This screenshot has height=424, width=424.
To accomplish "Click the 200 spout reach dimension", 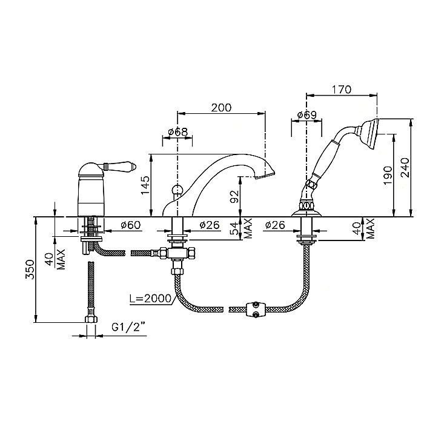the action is (x=221, y=107).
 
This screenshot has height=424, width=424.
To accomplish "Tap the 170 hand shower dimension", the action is (x=341, y=89).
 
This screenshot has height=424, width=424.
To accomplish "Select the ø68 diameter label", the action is (x=177, y=131).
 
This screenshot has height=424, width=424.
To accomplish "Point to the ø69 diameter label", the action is (x=306, y=115).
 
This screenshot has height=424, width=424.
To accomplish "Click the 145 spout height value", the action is (x=145, y=185).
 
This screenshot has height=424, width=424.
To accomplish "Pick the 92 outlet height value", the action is (x=235, y=197).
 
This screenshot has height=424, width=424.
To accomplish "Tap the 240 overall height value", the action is (x=405, y=168).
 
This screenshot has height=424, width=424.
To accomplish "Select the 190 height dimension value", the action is (x=388, y=175).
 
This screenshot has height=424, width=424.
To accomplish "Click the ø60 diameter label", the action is (x=131, y=225).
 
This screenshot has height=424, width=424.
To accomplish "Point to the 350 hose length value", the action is (x=30, y=270).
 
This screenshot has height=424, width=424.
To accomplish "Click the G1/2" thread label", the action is (x=128, y=328).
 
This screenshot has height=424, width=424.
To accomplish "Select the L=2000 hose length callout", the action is (x=150, y=298).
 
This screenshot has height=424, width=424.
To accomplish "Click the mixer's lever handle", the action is (x=120, y=165).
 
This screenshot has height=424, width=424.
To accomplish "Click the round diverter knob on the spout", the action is (x=177, y=189).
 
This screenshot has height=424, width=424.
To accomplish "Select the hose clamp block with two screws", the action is (x=255, y=310).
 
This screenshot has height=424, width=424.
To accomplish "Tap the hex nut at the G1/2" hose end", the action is (x=91, y=319).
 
